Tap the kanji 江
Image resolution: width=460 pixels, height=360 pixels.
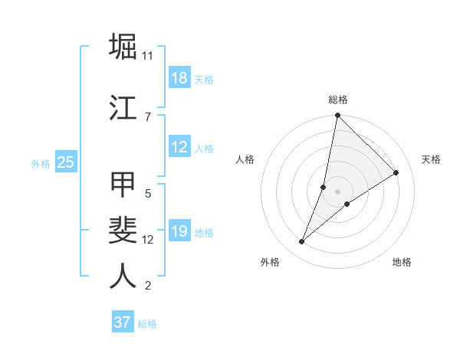123,107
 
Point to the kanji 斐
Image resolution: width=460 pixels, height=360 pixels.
123,231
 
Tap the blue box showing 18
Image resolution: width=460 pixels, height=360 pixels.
179,78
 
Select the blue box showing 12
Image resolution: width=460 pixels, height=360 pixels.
179,147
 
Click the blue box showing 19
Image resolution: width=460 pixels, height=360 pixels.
179,231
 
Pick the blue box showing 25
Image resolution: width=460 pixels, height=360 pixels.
65,162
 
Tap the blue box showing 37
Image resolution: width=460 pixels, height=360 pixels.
123,322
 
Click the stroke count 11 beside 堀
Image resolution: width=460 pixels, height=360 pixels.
148,56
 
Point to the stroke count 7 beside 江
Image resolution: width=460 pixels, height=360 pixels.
148,116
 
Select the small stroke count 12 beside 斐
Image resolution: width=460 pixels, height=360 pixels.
148,240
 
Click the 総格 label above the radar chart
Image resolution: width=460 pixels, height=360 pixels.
338,100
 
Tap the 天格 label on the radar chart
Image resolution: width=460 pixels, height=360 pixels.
432,159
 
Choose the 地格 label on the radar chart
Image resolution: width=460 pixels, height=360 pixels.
402,262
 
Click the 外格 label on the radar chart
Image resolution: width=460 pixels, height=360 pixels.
270,262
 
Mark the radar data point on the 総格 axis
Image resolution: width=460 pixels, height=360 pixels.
337,116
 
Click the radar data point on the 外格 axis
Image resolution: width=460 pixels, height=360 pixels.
302,242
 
